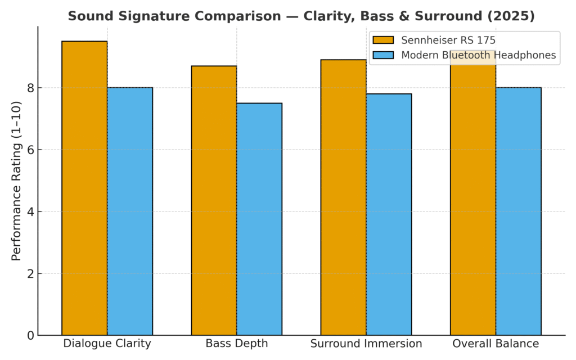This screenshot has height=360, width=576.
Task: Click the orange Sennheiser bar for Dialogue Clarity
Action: pyautogui.click(x=84, y=188)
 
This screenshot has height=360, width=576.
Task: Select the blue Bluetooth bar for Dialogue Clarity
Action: pyautogui.click(x=130, y=211)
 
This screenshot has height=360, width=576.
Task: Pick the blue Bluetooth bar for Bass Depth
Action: pyautogui.click(x=259, y=219)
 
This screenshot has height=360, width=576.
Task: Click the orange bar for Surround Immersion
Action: pyautogui.click(x=343, y=197)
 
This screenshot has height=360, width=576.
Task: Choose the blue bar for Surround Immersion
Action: pyautogui.click(x=389, y=214)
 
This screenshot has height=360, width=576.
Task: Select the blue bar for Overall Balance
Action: pyautogui.click(x=518, y=211)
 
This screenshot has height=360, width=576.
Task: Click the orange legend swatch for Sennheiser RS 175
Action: pyautogui.click(x=383, y=40)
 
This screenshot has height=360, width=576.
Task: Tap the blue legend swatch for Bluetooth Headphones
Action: pyautogui.click(x=383, y=55)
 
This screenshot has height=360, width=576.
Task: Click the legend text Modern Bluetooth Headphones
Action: pyautogui.click(x=478, y=55)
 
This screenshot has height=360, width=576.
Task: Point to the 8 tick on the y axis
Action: pyautogui.click(x=31, y=88)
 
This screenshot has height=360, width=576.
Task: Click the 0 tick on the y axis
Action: pyautogui.click(x=31, y=336)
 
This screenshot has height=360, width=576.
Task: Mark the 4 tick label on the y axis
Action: pyautogui.click(x=31, y=212)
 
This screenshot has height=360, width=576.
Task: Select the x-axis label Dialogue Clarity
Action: pyautogui.click(x=107, y=344)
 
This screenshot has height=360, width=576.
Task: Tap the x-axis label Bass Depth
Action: pyautogui.click(x=236, y=344)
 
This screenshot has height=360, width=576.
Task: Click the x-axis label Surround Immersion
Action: pyautogui.click(x=366, y=344)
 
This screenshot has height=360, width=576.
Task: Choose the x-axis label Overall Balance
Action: pyautogui.click(x=496, y=344)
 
